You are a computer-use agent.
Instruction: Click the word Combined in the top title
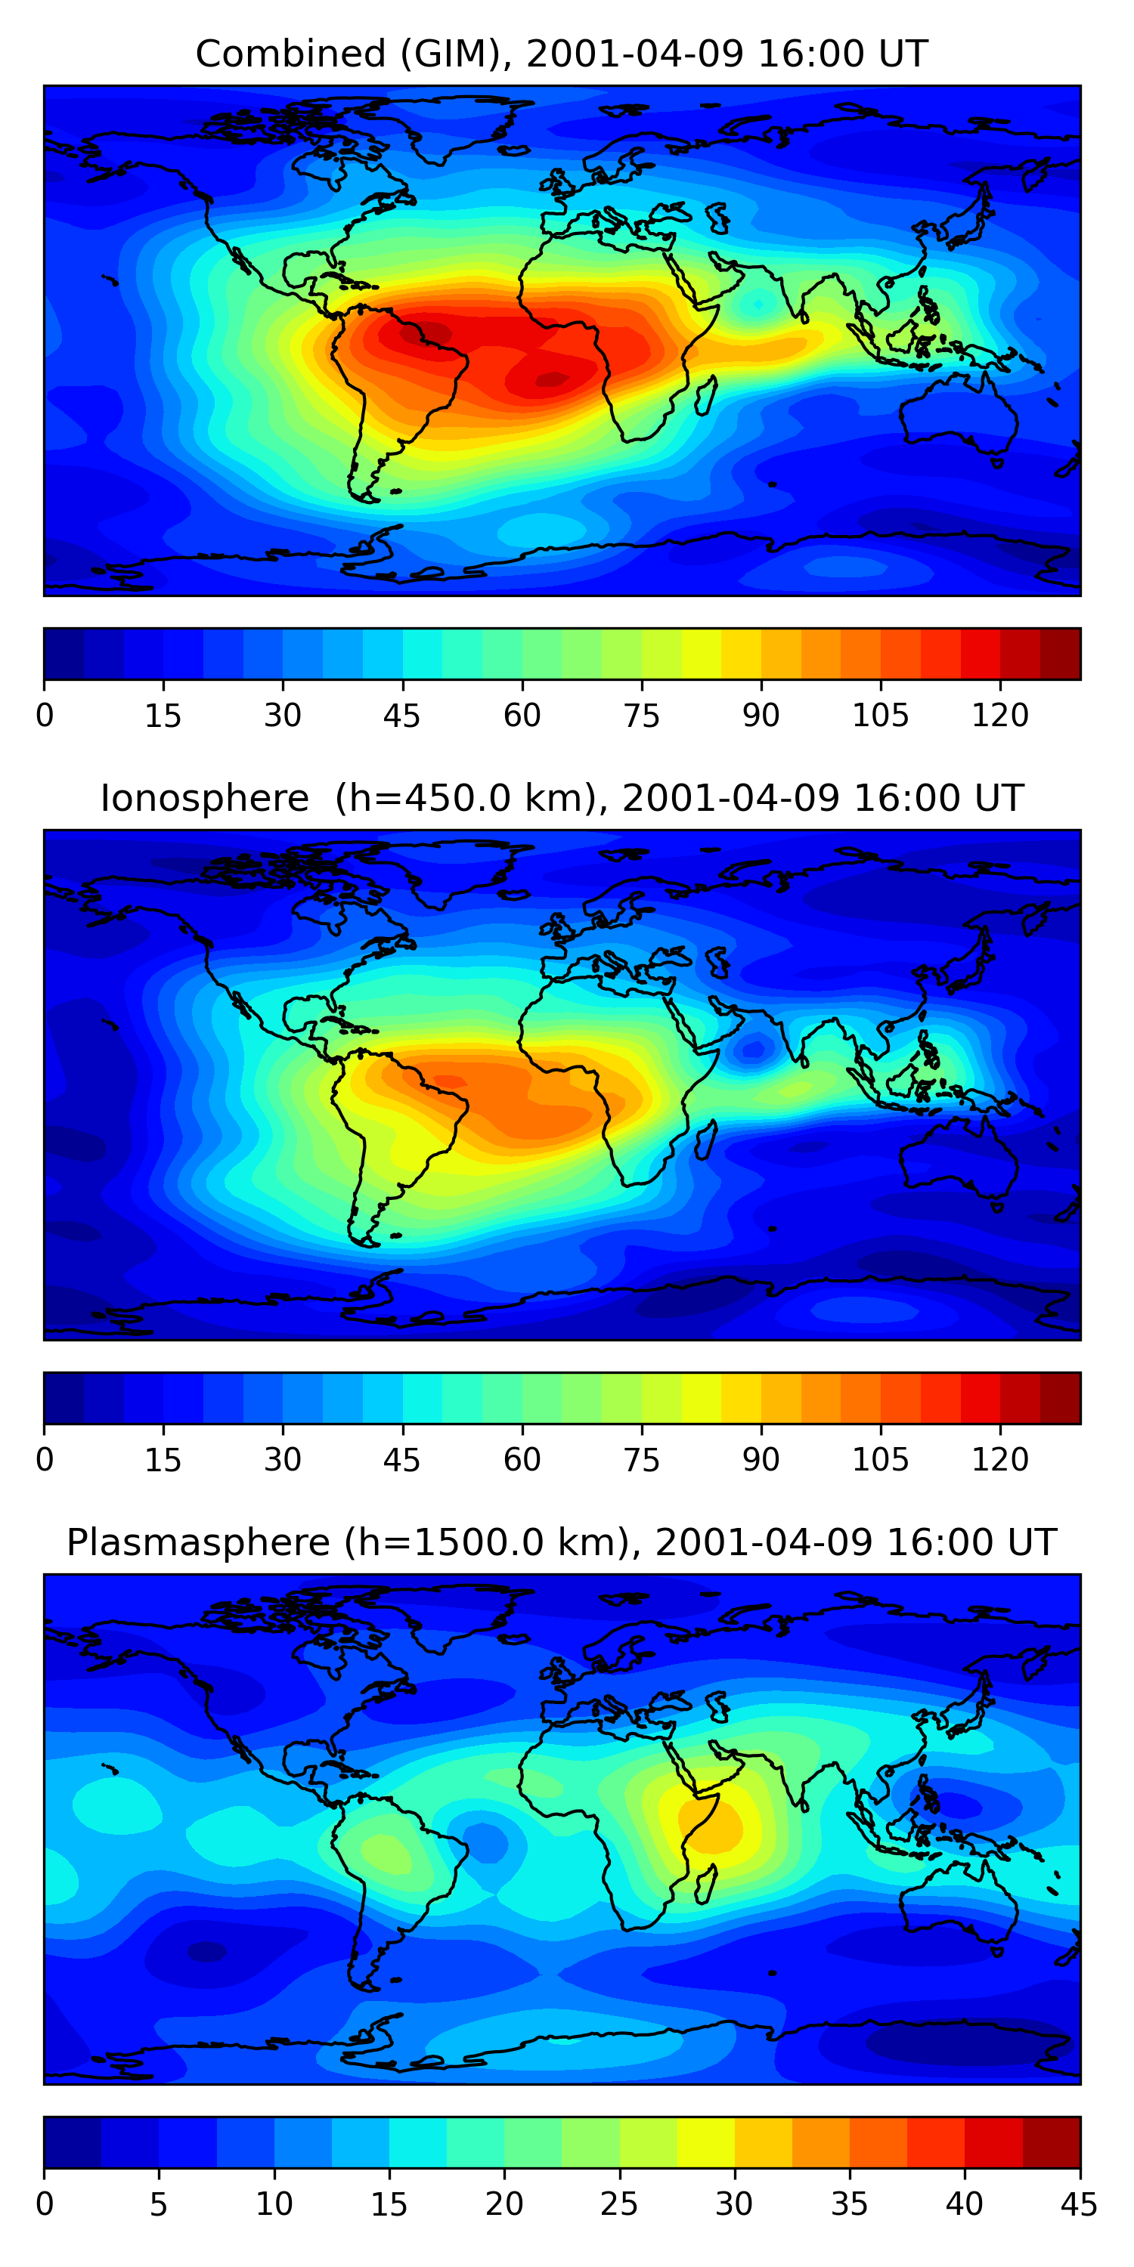point(290,54)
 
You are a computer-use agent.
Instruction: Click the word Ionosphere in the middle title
point(204,798)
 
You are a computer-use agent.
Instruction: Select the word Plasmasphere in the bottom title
point(198,1543)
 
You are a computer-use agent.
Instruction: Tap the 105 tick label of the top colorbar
point(881,715)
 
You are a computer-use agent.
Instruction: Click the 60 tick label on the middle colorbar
point(522,1459)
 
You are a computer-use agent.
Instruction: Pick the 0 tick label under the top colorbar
point(44,715)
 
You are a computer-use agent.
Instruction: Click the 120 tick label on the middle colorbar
point(1000,1459)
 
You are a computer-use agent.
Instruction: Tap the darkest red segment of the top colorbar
point(1060,654)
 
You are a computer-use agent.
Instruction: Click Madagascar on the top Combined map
point(705,395)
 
